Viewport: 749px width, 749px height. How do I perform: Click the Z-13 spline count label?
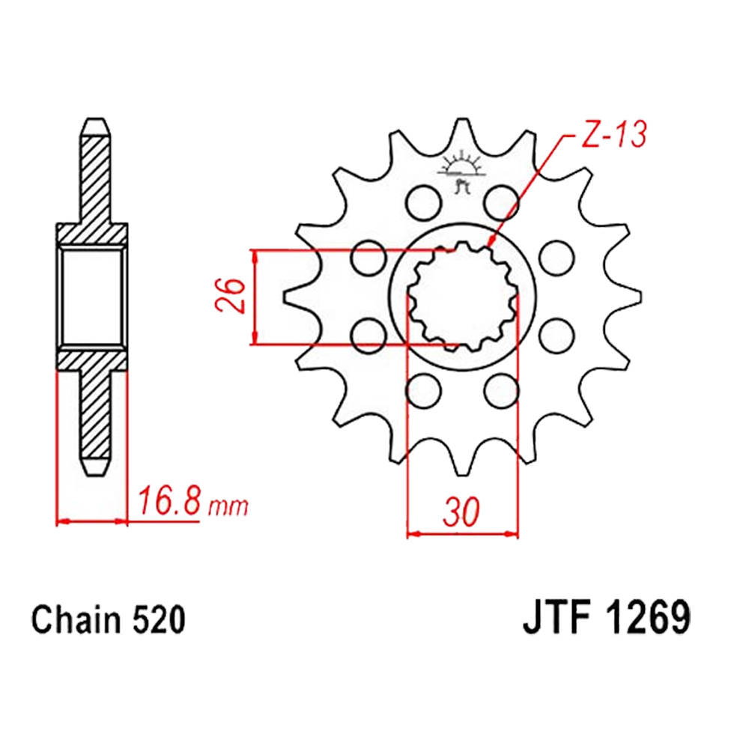pyautogui.click(x=614, y=134)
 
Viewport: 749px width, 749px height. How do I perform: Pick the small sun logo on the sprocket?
pyautogui.click(x=461, y=171)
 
